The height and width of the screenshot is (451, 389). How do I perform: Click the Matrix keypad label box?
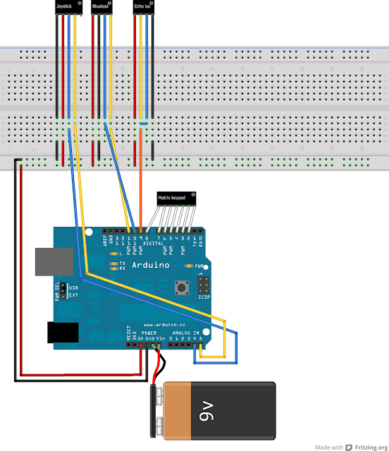click(x=176, y=199)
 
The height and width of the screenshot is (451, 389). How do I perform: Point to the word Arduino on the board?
click(x=152, y=265)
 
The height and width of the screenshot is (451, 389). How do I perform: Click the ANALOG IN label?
click(x=184, y=333)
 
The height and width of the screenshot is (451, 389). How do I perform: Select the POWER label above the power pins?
click(x=149, y=333)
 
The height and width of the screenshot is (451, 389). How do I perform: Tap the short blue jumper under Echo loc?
click(x=143, y=124)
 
